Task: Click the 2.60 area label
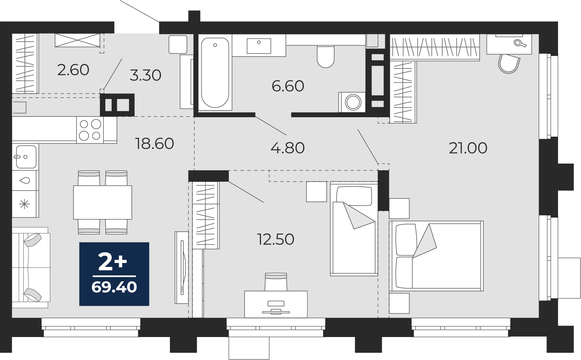(x=73, y=70)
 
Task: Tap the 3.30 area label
(x=145, y=76)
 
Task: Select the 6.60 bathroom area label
(x=288, y=86)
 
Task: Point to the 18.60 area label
(x=154, y=144)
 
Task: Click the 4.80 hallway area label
(x=288, y=148)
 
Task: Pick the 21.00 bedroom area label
(x=468, y=149)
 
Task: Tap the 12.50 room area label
(x=276, y=239)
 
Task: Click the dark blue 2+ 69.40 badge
(x=114, y=274)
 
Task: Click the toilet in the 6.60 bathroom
(x=326, y=57)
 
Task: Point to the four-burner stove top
(x=90, y=130)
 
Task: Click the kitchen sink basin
(x=26, y=157)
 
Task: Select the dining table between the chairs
(x=103, y=202)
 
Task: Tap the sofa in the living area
(x=31, y=267)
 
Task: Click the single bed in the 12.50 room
(x=354, y=229)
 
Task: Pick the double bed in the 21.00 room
(x=436, y=256)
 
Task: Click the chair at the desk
(x=276, y=282)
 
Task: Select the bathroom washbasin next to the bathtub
(x=259, y=46)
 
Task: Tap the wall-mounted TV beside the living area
(x=182, y=267)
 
